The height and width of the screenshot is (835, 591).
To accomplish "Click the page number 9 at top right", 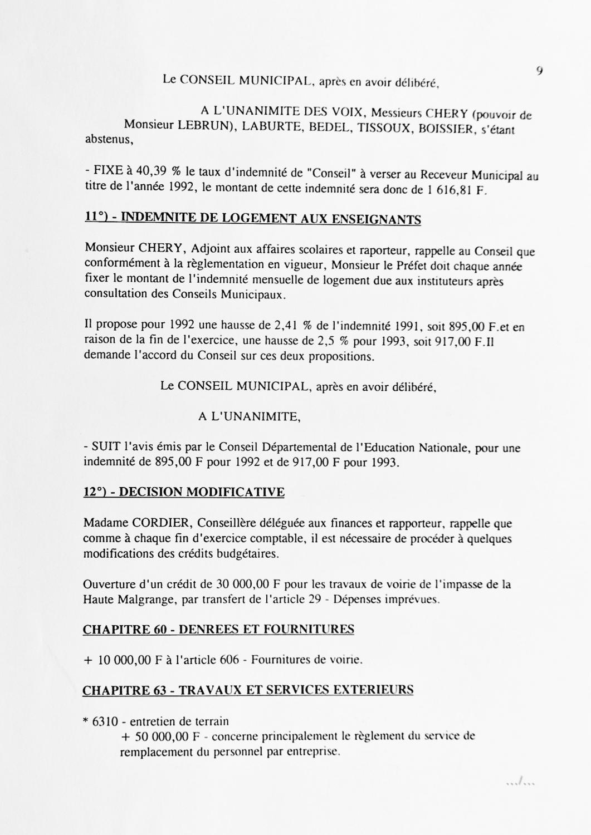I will [540, 71].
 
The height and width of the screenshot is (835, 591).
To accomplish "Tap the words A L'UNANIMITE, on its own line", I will [249, 416].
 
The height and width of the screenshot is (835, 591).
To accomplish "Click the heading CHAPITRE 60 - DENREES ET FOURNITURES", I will [218, 630].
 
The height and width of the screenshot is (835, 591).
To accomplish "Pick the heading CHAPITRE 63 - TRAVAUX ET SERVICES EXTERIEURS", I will [248, 690].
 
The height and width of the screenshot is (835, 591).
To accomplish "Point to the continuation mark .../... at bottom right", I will [520, 784].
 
